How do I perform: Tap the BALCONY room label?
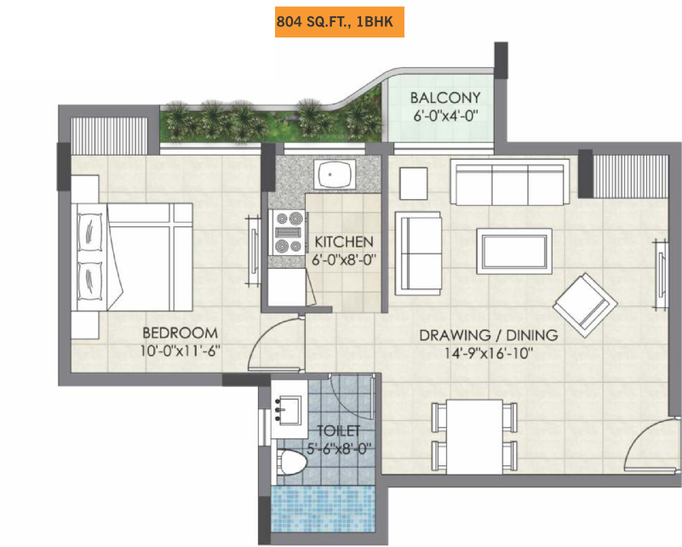444,96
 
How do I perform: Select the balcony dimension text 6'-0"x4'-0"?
444,112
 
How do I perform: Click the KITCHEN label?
344,241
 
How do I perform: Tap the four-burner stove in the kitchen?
288,232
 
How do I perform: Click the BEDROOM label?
180,333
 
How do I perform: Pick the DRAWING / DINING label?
488,334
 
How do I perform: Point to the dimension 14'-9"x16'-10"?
488,352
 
